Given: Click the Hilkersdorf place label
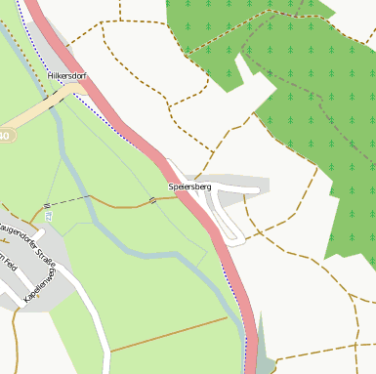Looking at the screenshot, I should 67,75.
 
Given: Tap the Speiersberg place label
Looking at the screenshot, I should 189,186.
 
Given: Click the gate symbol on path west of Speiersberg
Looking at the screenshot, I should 151,201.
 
